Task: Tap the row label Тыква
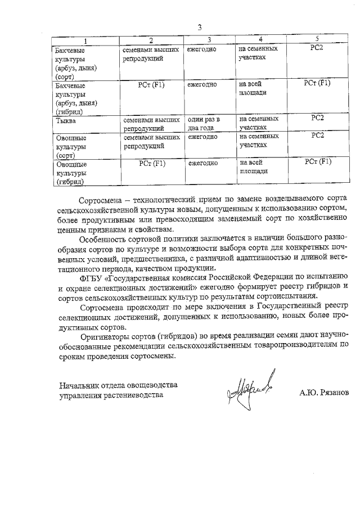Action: point(66,120)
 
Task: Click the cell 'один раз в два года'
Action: point(203,123)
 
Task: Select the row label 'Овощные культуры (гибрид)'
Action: point(70,173)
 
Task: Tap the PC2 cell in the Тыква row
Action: point(317,119)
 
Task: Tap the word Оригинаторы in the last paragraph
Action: point(106,337)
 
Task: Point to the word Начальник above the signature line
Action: point(80,385)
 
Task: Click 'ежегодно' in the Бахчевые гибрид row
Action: point(202,85)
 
